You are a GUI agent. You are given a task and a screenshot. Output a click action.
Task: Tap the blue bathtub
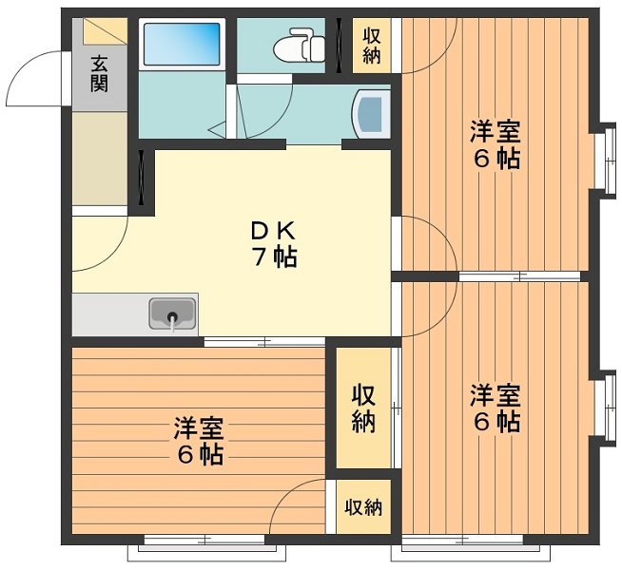tap(181, 44)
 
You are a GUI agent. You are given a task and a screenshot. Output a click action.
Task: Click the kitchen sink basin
tap(172, 313)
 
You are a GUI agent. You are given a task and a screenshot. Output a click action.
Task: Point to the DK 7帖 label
tap(274, 243)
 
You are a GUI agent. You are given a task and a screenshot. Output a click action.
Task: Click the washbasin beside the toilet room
tap(372, 115)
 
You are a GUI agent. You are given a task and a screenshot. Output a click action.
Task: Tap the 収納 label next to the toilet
tap(371, 45)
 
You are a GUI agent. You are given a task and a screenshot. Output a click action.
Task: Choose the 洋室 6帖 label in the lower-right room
tap(496, 408)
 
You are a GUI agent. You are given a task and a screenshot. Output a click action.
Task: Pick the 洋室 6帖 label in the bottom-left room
tap(199, 442)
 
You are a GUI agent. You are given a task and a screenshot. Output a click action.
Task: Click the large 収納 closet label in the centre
tap(362, 408)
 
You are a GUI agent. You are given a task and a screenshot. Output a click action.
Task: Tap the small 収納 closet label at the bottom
tap(362, 507)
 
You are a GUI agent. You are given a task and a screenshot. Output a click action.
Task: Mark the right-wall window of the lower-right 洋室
tap(602, 408)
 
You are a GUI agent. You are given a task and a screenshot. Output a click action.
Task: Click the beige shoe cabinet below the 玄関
tap(99, 158)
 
